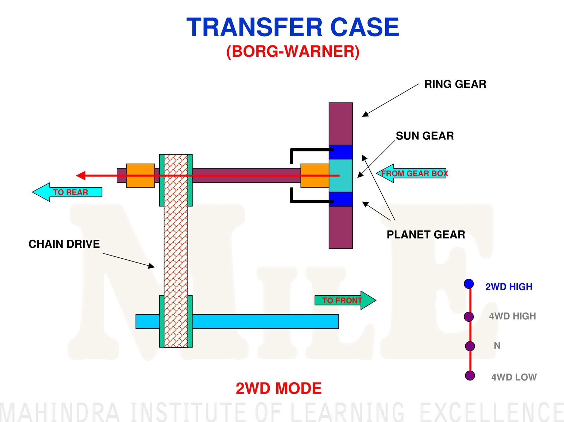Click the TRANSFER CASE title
coord(293,27)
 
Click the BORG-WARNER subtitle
coord(293,51)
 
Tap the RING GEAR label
coord(455,84)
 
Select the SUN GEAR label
coord(425,136)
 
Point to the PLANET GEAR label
coord(426,234)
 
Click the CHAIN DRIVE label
coord(64,244)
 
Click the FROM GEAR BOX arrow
coord(412,173)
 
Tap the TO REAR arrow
coord(67,192)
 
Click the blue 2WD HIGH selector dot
coord(469,284)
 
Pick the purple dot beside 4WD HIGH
coord(469,316)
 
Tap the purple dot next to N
coord(470,346)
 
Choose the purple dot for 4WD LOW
coord(470,376)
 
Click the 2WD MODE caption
coord(278,389)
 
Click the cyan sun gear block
coord(341,175)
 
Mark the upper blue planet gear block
coord(341,152)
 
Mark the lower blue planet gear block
coord(341,199)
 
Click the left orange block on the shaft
coord(140,175)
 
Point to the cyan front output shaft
coord(264,321)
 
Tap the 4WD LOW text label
coord(514,377)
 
